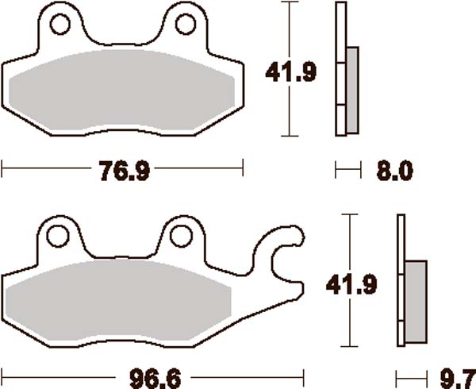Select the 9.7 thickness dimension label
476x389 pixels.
453,374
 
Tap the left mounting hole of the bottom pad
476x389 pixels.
58,235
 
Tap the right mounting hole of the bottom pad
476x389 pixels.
182,235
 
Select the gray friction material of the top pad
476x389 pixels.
123,91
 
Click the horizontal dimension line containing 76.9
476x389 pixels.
48,168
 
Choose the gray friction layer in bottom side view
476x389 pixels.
415,300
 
